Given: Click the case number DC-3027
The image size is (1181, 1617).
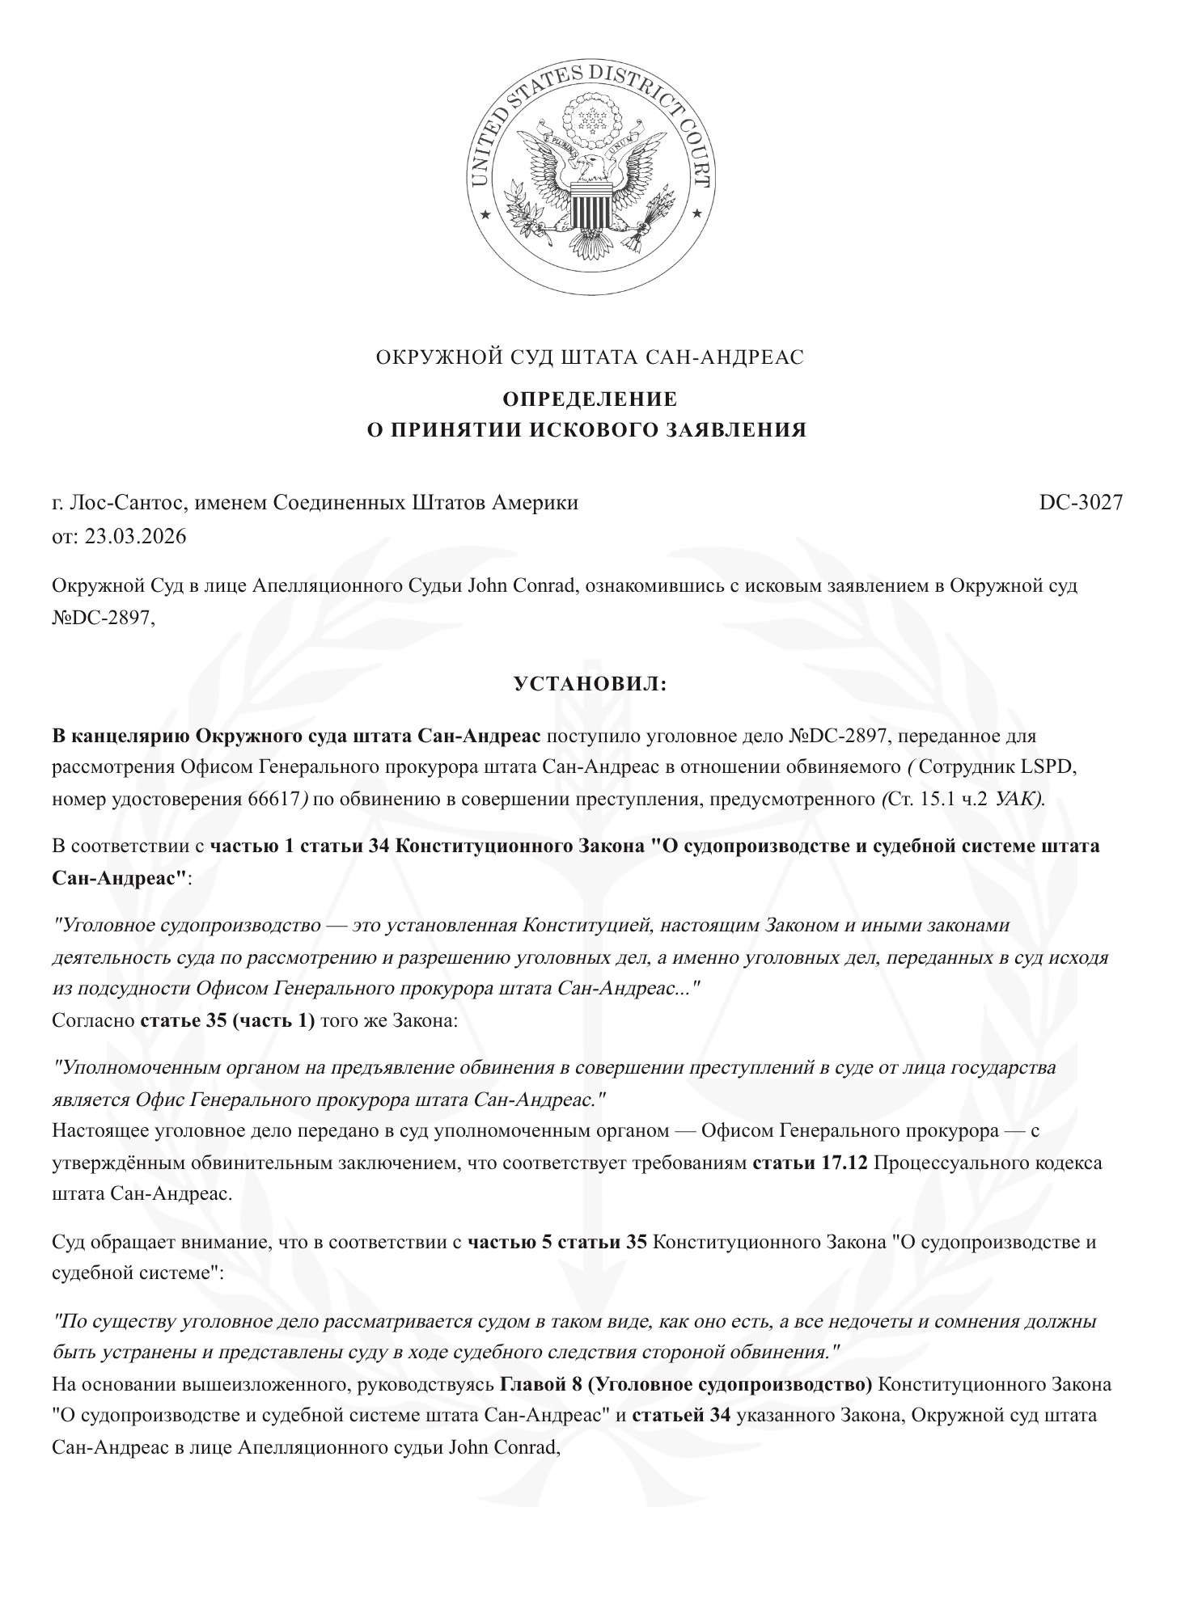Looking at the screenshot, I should coord(1081,502).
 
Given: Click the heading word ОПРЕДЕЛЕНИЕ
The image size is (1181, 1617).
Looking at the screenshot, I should coord(590,399).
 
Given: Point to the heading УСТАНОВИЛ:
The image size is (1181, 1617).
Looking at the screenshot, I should coord(590,684).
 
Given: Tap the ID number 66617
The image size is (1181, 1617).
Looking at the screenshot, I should coord(271,799).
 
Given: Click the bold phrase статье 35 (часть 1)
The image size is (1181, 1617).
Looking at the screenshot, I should coord(227,1020).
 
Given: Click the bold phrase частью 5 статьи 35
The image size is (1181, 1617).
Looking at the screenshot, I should coord(557,1241).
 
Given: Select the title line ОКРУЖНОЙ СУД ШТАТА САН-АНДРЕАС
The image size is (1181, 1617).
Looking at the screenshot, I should coord(590,357).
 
